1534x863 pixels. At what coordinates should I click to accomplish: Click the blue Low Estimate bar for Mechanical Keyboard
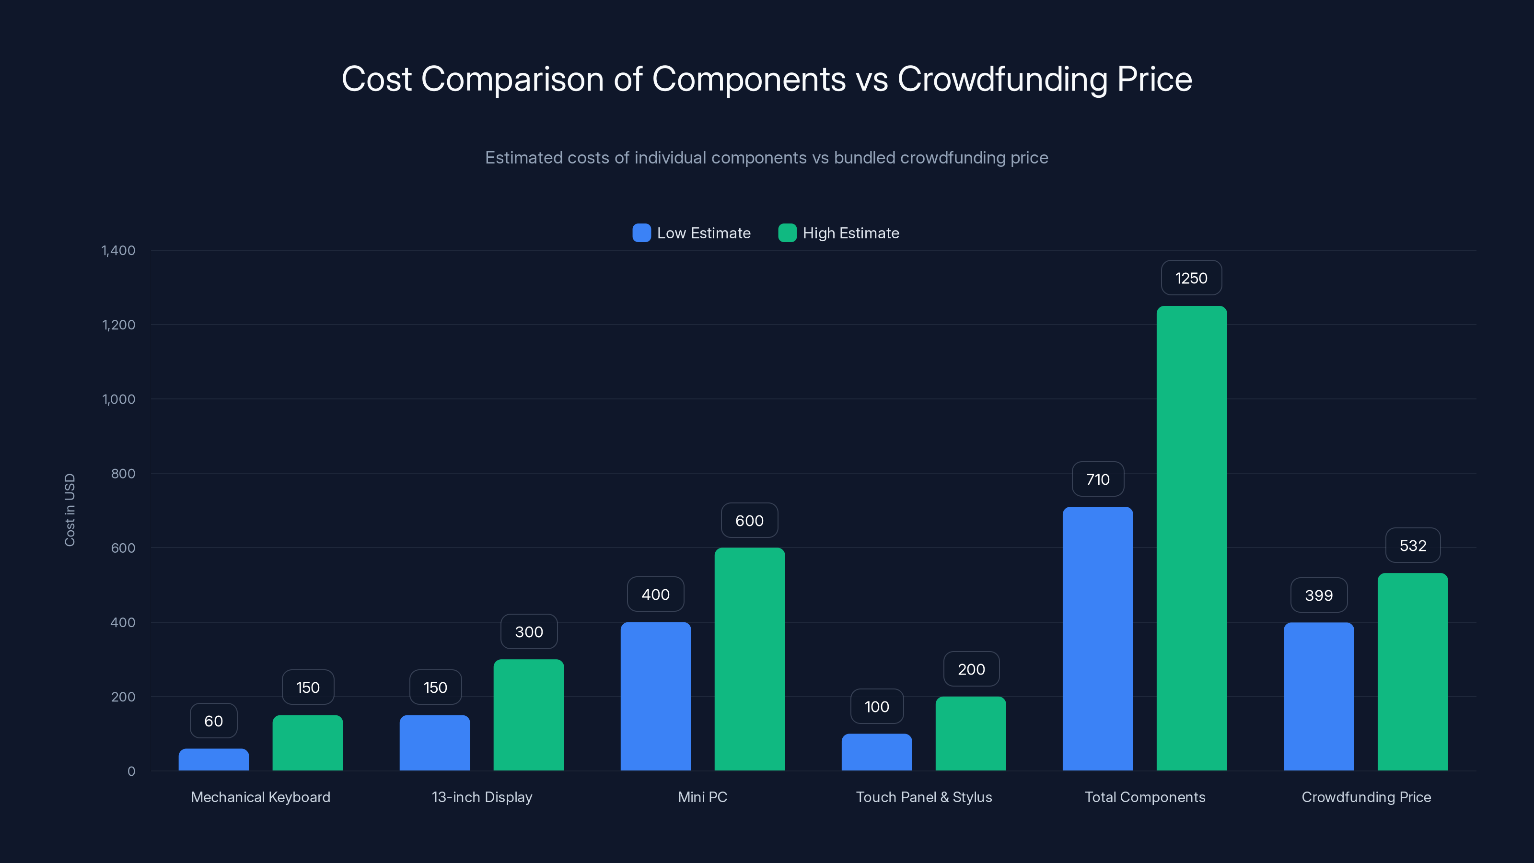tap(214, 760)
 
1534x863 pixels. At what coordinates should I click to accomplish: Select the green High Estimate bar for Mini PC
tap(749, 659)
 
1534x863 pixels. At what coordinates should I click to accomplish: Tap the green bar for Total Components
tap(1192, 538)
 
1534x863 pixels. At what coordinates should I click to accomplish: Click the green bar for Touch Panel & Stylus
tap(971, 733)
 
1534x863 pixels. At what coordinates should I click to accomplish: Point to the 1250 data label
tap(1191, 278)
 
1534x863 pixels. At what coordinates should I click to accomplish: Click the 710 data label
tap(1097, 479)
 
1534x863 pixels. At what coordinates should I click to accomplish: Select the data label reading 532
tap(1413, 546)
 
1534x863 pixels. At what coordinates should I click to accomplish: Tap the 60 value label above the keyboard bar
tap(214, 721)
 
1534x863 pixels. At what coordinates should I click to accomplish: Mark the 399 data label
tap(1318, 595)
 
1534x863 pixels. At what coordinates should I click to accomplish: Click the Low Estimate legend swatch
tap(641, 233)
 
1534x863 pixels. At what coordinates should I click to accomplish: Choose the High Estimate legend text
tap(850, 233)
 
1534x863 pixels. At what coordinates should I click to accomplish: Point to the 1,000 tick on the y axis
tap(118, 399)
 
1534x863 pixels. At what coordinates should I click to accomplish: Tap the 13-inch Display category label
tap(482, 797)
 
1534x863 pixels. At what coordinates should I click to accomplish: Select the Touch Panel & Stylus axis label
tap(924, 797)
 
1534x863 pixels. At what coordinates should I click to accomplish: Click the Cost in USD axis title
tap(70, 510)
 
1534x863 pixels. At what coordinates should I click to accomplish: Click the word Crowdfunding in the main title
tap(1002, 79)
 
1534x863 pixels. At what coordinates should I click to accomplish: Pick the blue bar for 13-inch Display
tap(435, 743)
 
